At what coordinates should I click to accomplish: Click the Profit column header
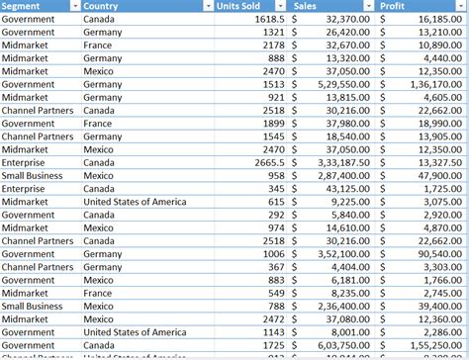point(407,6)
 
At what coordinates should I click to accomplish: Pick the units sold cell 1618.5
point(269,19)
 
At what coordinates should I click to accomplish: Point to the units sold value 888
point(276,58)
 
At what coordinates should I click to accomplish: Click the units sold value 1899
point(273,124)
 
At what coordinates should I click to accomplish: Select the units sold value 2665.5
point(269,162)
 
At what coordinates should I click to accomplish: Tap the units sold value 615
point(276,202)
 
